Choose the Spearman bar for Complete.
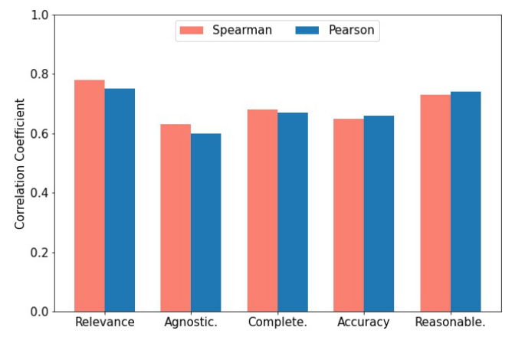(262, 211)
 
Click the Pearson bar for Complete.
(293, 212)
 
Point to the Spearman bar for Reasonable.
(435, 203)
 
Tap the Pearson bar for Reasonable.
(465, 201)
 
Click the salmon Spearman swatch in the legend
(192, 31)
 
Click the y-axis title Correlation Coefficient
(20, 163)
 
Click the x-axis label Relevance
(104, 322)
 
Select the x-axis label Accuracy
(363, 322)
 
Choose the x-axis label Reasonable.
(450, 322)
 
